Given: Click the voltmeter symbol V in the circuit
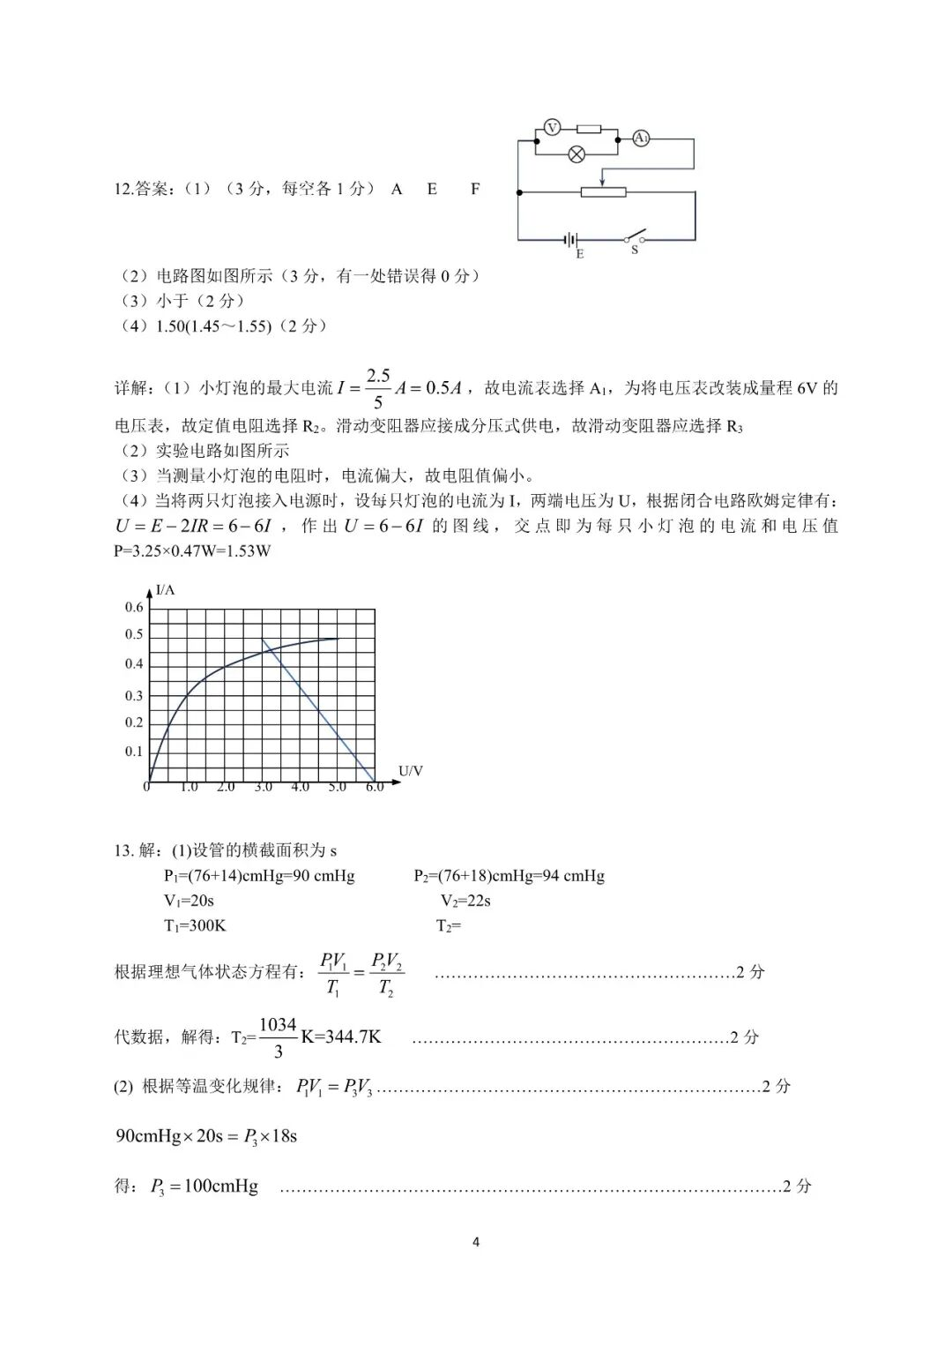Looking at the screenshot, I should pyautogui.click(x=552, y=128).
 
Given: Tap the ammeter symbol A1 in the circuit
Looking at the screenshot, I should pyautogui.click(x=642, y=138).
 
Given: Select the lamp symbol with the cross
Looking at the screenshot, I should pyautogui.click(x=576, y=154).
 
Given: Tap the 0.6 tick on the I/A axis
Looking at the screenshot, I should pyautogui.click(x=134, y=607).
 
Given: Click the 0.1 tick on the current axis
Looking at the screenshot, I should pyautogui.click(x=134, y=752).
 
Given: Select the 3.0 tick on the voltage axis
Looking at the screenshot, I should pyautogui.click(x=263, y=787).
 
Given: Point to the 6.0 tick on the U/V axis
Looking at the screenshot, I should pyautogui.click(x=375, y=787).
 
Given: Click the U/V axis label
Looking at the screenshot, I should pyautogui.click(x=411, y=771).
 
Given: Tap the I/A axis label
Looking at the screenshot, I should pyautogui.click(x=165, y=589).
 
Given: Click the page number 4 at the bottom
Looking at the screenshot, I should pyautogui.click(x=476, y=1242).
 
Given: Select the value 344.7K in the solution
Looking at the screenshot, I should pyautogui.click(x=353, y=1037).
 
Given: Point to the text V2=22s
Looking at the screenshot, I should pyautogui.click(x=465, y=901).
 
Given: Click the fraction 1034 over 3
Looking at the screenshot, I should pyautogui.click(x=278, y=1037).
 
